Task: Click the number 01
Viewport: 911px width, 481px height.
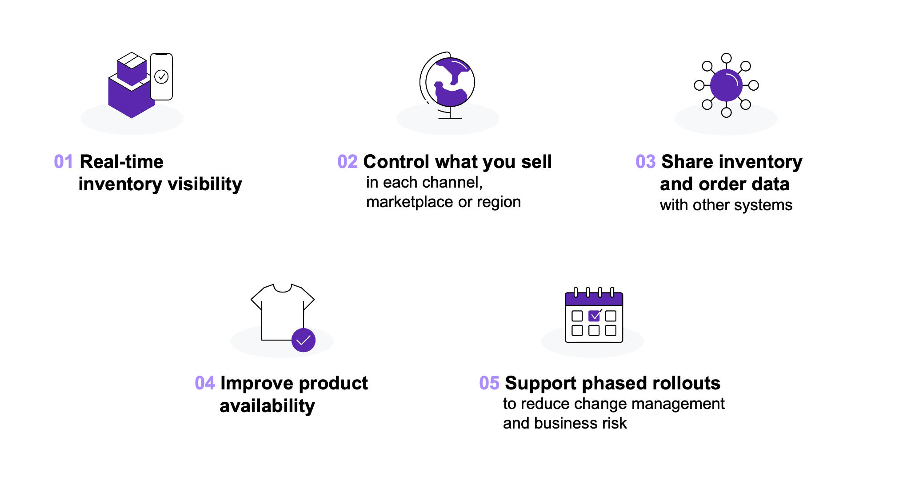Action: tap(63, 162)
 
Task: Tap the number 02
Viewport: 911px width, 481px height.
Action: tap(347, 162)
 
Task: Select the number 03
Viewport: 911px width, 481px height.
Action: tap(645, 162)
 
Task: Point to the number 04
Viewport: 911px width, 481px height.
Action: tap(205, 383)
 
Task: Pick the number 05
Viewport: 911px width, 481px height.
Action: tap(489, 383)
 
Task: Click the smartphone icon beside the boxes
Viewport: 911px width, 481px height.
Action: tap(161, 76)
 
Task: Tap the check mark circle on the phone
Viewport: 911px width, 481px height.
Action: tap(161, 76)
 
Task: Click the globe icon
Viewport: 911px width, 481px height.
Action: tap(448, 85)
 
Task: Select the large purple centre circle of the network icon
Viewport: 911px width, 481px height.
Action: tap(726, 85)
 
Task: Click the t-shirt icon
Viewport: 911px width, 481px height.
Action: tap(283, 313)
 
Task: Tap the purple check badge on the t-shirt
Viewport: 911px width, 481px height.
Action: tap(304, 340)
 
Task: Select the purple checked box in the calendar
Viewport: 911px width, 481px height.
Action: tap(594, 316)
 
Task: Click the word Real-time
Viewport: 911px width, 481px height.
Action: tap(121, 162)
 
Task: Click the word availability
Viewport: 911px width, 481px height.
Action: tap(267, 406)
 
